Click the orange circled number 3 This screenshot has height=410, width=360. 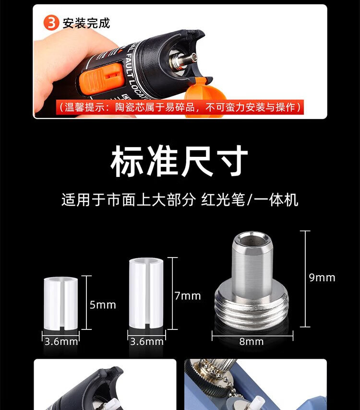tap(51, 23)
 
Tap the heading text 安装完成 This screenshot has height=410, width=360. tap(86, 23)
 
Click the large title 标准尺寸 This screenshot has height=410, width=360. tap(179, 161)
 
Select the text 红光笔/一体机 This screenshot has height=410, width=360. tap(250, 200)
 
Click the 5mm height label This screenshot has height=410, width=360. tap(103, 305)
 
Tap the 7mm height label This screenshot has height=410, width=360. tap(188, 296)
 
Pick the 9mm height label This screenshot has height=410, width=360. tap(322, 278)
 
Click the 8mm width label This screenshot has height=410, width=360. tap(252, 341)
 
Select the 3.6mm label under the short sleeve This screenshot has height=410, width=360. tap(61, 341)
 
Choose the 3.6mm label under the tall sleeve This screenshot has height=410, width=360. tap(146, 341)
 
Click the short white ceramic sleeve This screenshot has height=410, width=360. tap(61, 304)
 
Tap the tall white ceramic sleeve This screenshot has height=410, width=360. tap(146, 293)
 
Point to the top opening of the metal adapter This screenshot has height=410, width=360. tap(252, 238)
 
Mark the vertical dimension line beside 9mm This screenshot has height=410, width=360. tap(305, 279)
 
